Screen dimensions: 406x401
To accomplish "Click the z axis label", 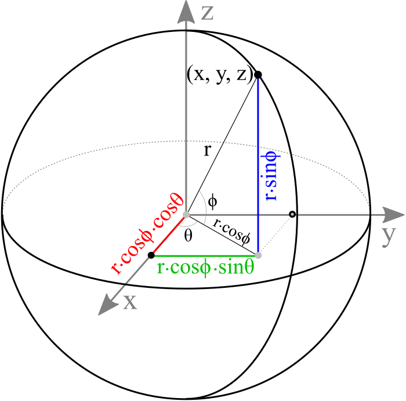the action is pyautogui.click(x=207, y=12).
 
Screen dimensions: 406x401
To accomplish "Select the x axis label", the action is pyautogui.click(x=130, y=302).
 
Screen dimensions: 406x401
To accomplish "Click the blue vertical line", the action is pyautogui.click(x=258, y=116).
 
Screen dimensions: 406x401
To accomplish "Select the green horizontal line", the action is pyautogui.click(x=206, y=255).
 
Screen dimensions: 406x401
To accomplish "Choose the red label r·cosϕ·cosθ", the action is pyautogui.click(x=147, y=233).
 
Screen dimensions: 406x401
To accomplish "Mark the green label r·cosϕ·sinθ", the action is pyautogui.click(x=205, y=268).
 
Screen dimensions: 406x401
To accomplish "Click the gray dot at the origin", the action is pyautogui.click(x=186, y=215).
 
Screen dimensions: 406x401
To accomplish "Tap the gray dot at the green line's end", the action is pyautogui.click(x=258, y=255).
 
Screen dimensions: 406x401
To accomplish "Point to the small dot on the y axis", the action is pyautogui.click(x=292, y=215).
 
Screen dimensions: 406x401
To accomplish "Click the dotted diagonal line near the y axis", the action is pyautogui.click(x=275, y=235).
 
